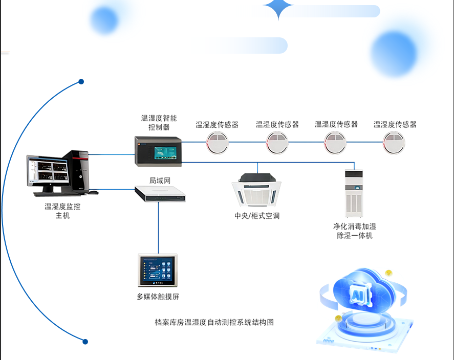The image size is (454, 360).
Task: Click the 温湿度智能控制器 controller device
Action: click(159, 151)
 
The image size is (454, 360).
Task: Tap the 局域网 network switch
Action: click(159, 193)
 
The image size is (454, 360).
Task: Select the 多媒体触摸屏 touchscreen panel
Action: click(158, 270)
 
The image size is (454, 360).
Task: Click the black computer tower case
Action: click(80, 171)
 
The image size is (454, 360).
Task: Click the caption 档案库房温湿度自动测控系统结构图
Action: click(214, 322)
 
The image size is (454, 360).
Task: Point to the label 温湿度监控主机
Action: click(62, 211)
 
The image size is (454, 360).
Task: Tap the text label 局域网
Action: click(159, 180)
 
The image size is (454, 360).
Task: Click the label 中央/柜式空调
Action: click(257, 216)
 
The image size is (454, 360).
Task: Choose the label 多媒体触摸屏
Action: click(158, 297)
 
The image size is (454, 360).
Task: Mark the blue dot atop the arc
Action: click(81, 82)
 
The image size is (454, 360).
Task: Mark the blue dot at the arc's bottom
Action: click(85, 342)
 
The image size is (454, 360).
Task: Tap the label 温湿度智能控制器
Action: click(159, 123)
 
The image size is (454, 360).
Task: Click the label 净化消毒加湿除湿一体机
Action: click(354, 231)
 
